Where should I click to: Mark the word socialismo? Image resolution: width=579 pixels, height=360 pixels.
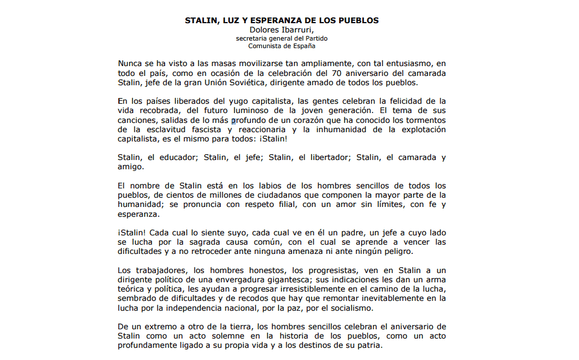tap(347, 308)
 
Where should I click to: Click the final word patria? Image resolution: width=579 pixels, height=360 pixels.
tap(368, 346)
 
